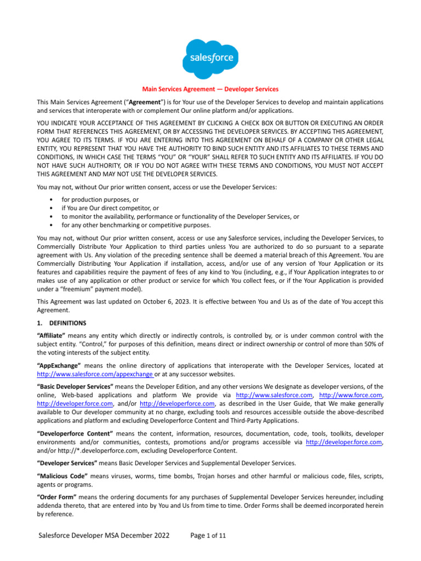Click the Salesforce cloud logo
click(x=210, y=58)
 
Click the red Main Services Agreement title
click(x=210, y=89)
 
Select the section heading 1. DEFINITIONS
click(x=66, y=323)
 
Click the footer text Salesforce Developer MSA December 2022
click(x=104, y=535)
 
